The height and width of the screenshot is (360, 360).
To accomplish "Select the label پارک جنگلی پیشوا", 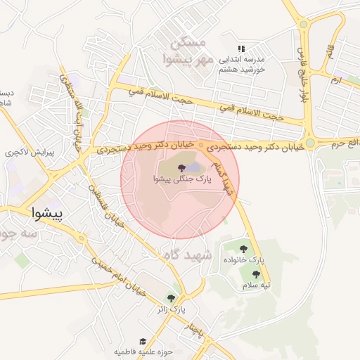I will click(x=179, y=180).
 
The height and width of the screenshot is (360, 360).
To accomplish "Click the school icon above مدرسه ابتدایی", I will click(x=241, y=49).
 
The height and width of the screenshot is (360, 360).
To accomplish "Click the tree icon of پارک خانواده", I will click(x=243, y=248).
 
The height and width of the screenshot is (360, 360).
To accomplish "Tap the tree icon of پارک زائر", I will click(x=171, y=298).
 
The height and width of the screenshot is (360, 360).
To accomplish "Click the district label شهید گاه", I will click(x=188, y=256).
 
